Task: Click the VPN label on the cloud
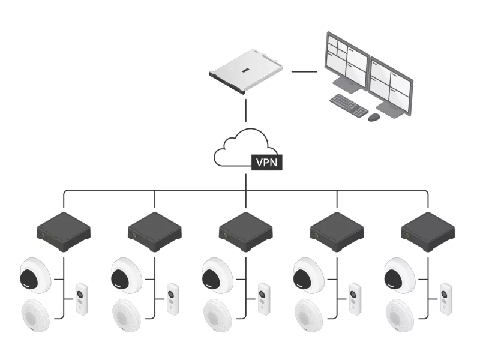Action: click(266, 162)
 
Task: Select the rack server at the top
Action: click(247, 73)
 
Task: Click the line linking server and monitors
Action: click(304, 71)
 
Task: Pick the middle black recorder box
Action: click(246, 230)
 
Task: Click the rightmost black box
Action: click(428, 230)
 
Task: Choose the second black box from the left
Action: click(155, 230)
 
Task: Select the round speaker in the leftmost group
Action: click(37, 314)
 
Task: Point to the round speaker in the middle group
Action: click(219, 314)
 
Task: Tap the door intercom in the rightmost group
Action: click(445, 299)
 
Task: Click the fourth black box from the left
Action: click(337, 230)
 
